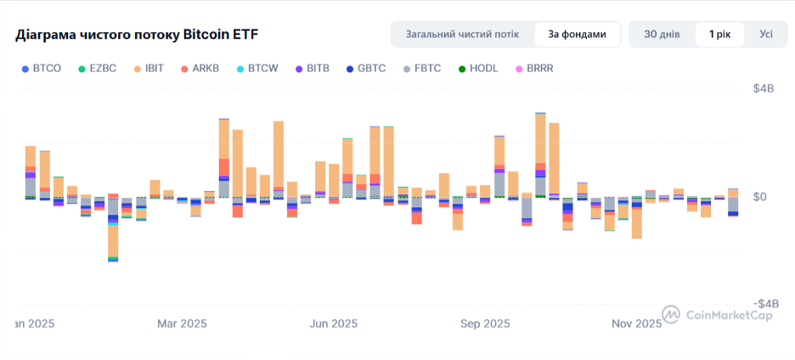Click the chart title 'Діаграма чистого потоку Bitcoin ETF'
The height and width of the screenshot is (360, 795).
click(137, 35)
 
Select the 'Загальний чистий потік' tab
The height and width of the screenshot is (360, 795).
click(462, 34)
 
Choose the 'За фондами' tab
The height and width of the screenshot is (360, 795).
click(577, 34)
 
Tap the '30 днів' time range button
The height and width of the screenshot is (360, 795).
click(661, 34)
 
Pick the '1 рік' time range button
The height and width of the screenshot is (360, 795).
click(719, 34)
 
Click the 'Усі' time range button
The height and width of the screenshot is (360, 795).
click(766, 34)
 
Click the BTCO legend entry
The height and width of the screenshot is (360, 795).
click(42, 68)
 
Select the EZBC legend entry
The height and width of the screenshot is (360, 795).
click(98, 68)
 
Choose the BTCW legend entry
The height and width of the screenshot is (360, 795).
click(256, 68)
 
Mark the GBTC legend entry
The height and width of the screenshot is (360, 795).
click(365, 68)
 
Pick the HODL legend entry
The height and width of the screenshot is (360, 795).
click(477, 68)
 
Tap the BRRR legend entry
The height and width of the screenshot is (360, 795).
click(533, 68)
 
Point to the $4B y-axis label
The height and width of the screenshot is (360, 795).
click(765, 89)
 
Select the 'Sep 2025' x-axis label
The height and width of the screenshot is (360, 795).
click(485, 323)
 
